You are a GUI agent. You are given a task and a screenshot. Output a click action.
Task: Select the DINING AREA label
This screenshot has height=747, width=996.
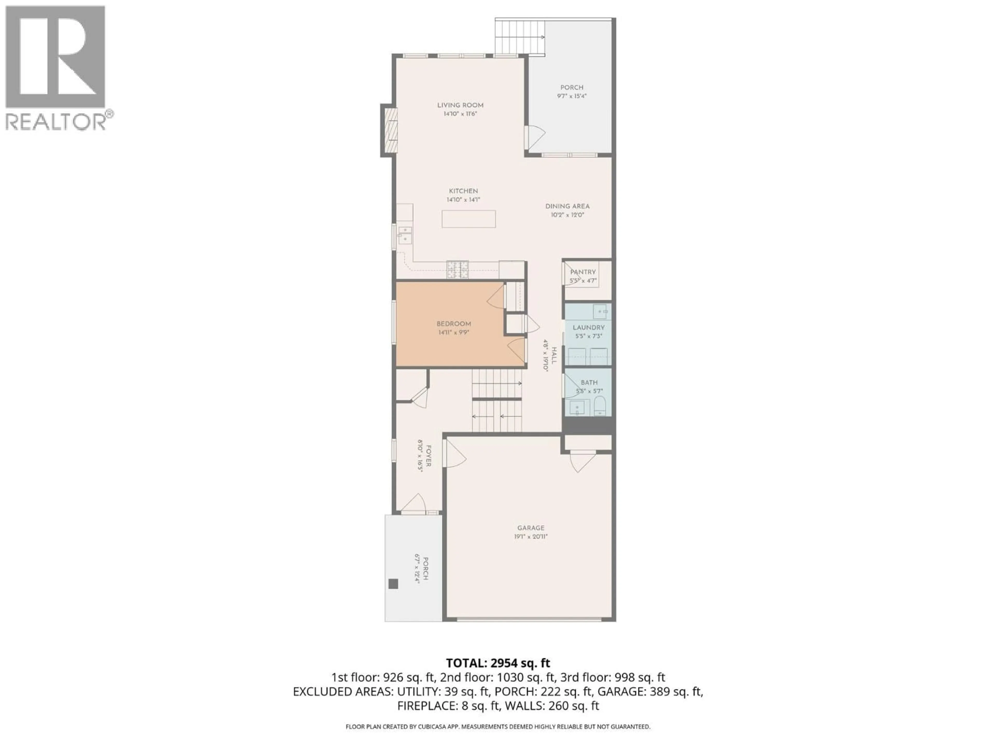(x=567, y=206)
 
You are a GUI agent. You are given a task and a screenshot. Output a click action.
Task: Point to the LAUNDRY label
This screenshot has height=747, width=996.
(x=589, y=327)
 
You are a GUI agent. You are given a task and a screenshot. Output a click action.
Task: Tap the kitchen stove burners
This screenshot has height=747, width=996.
(x=458, y=269)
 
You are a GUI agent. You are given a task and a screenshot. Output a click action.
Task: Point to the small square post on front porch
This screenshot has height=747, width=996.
(x=393, y=584)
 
